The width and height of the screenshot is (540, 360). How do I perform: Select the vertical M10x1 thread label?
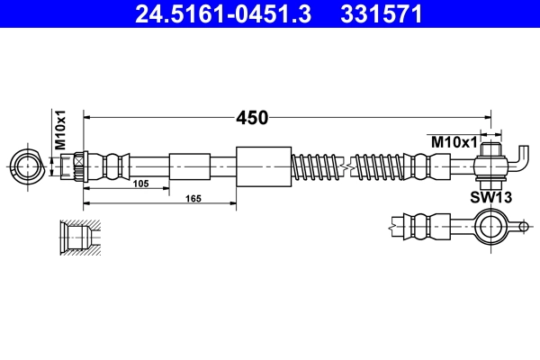61,129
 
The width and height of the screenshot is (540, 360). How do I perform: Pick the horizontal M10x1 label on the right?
452,140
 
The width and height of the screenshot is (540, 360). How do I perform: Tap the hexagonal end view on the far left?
27,166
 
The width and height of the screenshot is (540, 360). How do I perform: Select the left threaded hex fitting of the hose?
77,166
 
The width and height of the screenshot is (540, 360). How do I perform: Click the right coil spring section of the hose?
378,166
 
